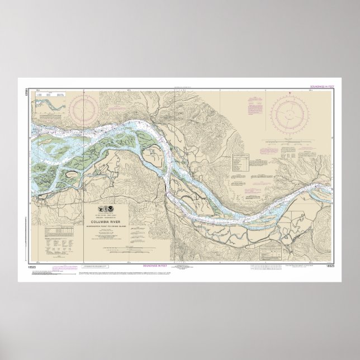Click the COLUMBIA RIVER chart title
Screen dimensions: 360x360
109,221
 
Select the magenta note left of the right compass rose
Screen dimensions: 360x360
254,106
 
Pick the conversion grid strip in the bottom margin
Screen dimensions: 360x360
263,266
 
